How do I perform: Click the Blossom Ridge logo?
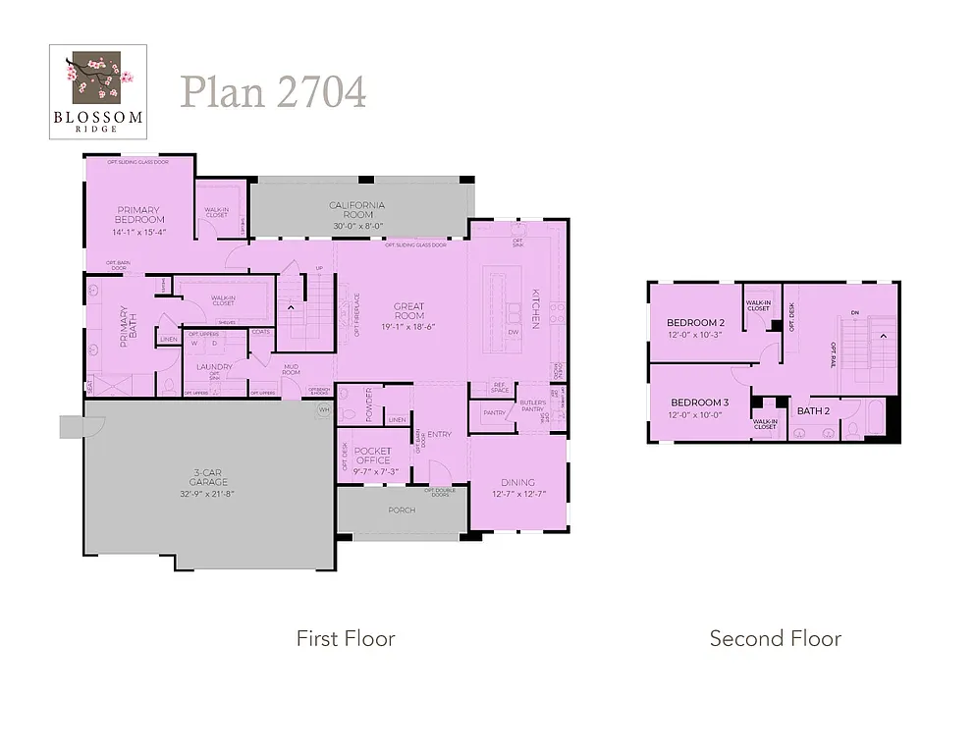[98, 90]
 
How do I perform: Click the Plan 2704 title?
[273, 92]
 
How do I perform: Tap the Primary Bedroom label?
[140, 215]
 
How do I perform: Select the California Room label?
[356, 210]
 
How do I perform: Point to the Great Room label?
[409, 311]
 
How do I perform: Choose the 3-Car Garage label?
[208, 477]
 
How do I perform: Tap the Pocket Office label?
[373, 456]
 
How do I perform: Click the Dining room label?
[517, 482]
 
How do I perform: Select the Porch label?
[402, 510]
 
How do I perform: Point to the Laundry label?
[214, 367]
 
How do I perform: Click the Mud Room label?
[292, 369]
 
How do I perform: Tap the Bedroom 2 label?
[695, 323]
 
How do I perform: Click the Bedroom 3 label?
[699, 403]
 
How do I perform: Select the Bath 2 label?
[811, 410]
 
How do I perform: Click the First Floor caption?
[346, 639]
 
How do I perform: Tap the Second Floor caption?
[775, 639]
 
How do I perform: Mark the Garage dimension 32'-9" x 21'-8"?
[208, 493]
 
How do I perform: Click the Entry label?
[439, 435]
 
